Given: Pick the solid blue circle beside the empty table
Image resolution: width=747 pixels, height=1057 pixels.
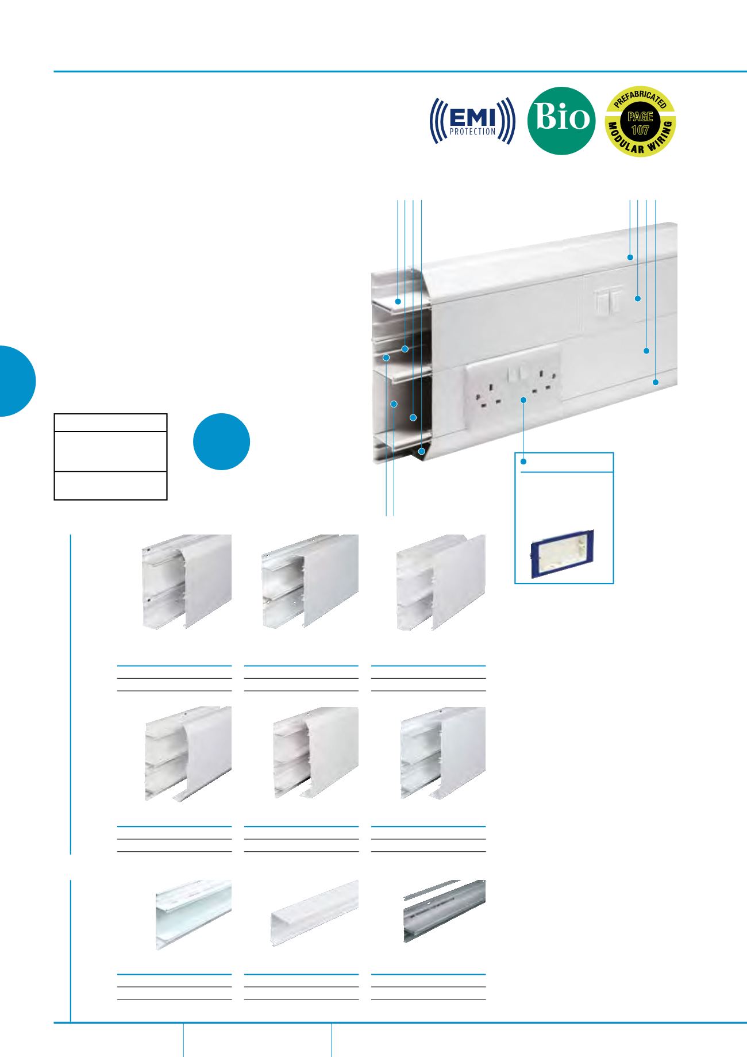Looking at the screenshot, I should pyautogui.click(x=221, y=441).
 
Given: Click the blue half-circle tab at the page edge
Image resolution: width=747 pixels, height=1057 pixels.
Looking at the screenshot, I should pyautogui.click(x=17, y=380).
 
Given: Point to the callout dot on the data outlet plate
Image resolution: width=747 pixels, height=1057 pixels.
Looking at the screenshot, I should pyautogui.click(x=638, y=298).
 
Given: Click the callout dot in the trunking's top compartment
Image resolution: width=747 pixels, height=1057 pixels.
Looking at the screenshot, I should pyautogui.click(x=398, y=301).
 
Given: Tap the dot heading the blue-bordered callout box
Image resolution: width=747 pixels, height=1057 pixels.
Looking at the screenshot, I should pyautogui.click(x=523, y=462).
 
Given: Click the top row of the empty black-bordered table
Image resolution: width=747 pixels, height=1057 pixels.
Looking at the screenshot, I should pyautogui.click(x=110, y=423).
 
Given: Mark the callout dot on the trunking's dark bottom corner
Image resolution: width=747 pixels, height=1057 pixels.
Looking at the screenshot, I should pyautogui.click(x=421, y=452).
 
